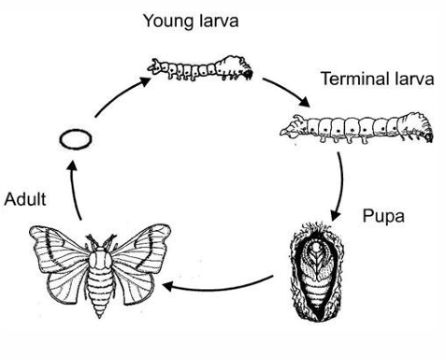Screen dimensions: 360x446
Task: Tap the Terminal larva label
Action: tap(377, 79)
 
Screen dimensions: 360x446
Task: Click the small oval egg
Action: tap(74, 140)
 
